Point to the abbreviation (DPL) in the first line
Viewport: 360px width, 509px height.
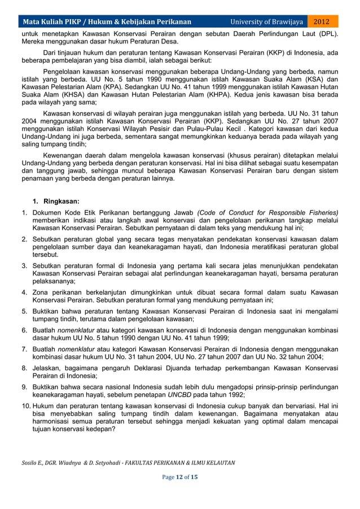tap(327, 33)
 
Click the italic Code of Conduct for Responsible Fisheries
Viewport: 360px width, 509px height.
tap(267, 212)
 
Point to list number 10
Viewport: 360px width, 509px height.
tap(26, 405)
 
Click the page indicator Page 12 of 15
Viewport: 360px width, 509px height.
tap(179, 477)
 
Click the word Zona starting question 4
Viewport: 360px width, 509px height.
tap(41, 292)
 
